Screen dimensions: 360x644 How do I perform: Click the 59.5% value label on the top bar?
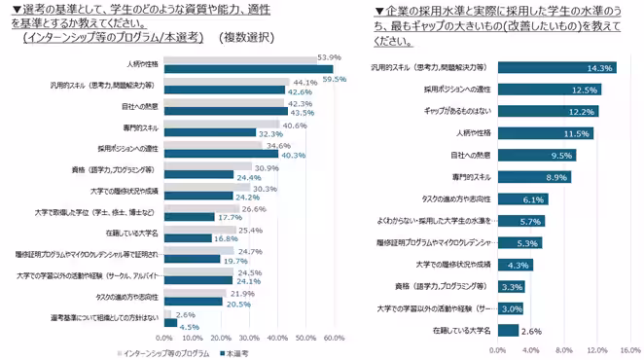[x=335, y=78]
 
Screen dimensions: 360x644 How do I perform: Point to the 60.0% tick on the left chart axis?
[x=334, y=339]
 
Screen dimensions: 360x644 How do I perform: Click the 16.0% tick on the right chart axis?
[x=629, y=349]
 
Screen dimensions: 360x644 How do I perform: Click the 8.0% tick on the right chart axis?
[x=563, y=349]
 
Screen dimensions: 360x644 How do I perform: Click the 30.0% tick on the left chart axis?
[x=249, y=339]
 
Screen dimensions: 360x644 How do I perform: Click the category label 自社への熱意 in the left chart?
[x=139, y=105]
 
